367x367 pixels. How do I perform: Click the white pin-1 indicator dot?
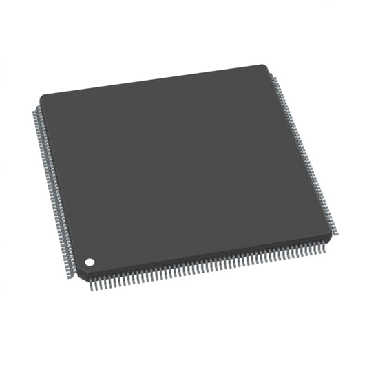tap(89, 262)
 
